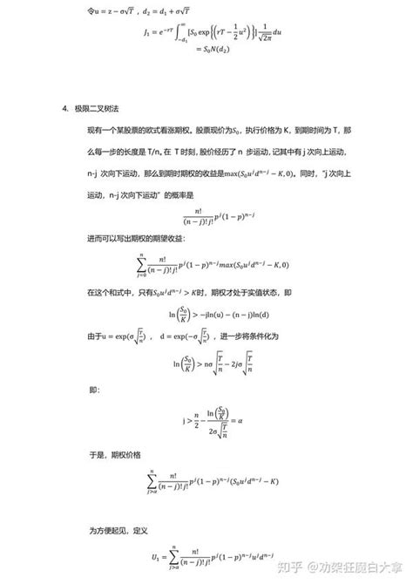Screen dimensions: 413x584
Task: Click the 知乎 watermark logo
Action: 295,567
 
